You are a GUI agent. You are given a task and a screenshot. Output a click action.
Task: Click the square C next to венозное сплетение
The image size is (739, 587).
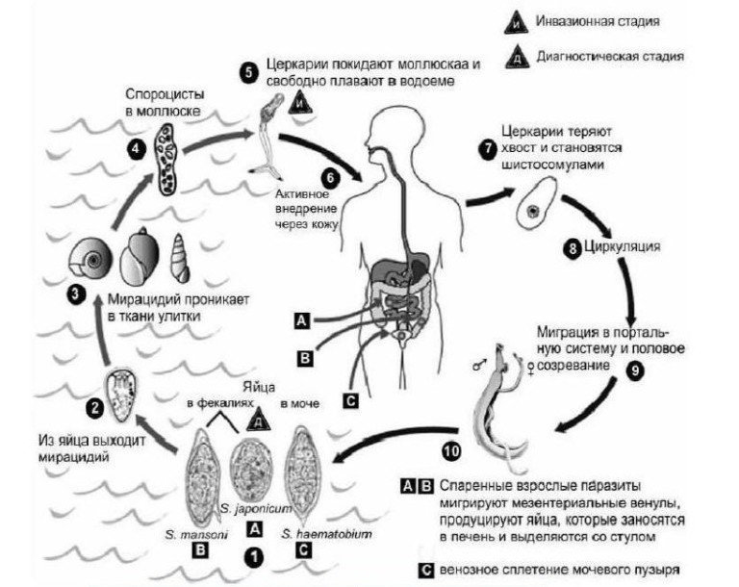[425, 570]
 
